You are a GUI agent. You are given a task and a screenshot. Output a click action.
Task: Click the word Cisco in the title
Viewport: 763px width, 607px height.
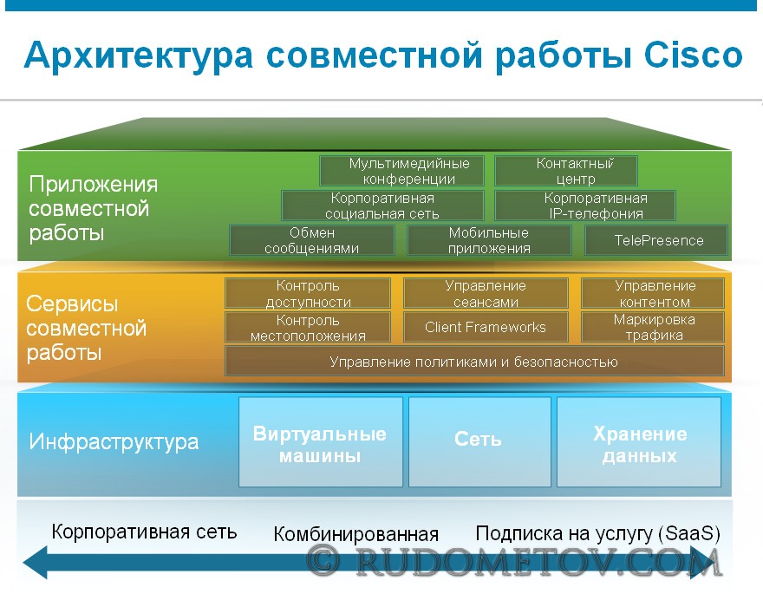point(694,55)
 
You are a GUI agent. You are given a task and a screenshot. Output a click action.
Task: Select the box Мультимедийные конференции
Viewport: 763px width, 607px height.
point(402,171)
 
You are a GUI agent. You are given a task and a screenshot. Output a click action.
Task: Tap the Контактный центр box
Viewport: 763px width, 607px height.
point(566,171)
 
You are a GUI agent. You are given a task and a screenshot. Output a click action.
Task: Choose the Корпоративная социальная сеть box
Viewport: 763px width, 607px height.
point(382,206)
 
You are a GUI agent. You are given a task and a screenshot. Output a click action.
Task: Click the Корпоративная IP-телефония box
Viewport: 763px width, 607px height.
point(585,206)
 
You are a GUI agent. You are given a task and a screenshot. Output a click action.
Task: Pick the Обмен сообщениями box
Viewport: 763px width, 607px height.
point(312,240)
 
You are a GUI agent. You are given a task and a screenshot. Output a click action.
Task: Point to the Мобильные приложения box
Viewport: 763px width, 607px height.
point(489,240)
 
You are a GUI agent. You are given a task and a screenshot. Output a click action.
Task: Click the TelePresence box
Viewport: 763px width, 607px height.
point(656,240)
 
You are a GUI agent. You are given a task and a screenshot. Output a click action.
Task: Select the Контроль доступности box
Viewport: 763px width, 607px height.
point(308,293)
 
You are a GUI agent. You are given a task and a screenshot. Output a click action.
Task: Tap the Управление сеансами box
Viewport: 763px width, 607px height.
point(486,293)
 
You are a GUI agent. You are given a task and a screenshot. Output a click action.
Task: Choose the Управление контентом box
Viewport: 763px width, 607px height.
point(653,293)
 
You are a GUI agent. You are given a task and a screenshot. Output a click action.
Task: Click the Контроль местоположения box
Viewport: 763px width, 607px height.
point(308,328)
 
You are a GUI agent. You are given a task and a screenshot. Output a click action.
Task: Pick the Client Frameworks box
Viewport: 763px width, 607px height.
point(486,328)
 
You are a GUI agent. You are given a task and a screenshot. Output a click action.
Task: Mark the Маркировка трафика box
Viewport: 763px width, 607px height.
point(653,328)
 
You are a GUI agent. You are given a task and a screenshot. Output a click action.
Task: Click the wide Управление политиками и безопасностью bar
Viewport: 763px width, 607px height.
point(474,362)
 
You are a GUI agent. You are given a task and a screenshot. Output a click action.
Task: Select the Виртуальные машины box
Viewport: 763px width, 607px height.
point(321,442)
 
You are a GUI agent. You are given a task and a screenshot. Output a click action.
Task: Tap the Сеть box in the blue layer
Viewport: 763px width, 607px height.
point(479,442)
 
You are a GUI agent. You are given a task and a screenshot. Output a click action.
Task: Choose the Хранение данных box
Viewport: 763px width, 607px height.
point(639,442)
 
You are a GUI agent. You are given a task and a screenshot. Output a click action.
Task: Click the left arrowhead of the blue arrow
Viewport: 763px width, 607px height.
point(35,563)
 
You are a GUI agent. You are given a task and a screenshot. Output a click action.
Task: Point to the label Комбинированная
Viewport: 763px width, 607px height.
point(355,534)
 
